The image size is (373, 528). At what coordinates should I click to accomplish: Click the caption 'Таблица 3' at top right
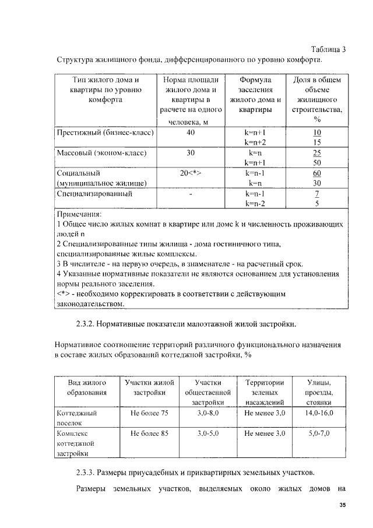[324, 49]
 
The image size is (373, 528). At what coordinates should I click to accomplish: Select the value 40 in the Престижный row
[191, 132]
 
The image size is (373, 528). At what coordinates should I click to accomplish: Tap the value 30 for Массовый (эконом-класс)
[191, 153]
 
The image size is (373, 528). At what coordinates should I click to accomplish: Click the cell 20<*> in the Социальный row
[191, 173]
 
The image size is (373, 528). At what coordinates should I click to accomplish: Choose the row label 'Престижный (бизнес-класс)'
[105, 132]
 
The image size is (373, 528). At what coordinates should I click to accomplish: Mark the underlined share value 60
[318, 173]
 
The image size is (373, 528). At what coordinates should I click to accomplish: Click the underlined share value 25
[318, 153]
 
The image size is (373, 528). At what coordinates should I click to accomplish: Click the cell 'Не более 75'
[150, 413]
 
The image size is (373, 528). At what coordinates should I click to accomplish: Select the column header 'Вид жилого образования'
[87, 387]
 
